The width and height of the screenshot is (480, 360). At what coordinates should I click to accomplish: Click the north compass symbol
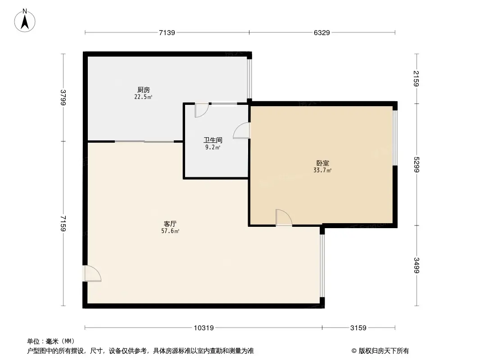[25, 20]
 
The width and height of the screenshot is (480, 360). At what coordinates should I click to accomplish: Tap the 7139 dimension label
[167, 32]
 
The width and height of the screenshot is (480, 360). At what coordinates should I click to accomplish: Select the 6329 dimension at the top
[322, 32]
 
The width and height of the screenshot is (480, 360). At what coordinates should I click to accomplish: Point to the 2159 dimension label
[417, 78]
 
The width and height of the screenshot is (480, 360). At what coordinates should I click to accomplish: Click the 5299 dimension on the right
[417, 164]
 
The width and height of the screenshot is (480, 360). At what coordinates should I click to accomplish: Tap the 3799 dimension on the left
[63, 97]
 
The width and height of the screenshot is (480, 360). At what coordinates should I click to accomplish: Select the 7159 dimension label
[63, 223]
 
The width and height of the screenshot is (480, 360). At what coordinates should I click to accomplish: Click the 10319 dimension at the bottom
[204, 328]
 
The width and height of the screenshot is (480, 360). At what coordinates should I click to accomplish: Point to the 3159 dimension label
[358, 328]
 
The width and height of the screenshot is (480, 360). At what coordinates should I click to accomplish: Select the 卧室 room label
[322, 163]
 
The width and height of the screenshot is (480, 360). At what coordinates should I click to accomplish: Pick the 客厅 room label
[170, 224]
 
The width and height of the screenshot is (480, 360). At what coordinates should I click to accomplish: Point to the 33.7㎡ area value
[322, 170]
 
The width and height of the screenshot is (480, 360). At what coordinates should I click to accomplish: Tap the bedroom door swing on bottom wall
[283, 218]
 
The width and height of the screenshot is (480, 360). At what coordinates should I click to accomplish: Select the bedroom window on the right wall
[395, 138]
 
